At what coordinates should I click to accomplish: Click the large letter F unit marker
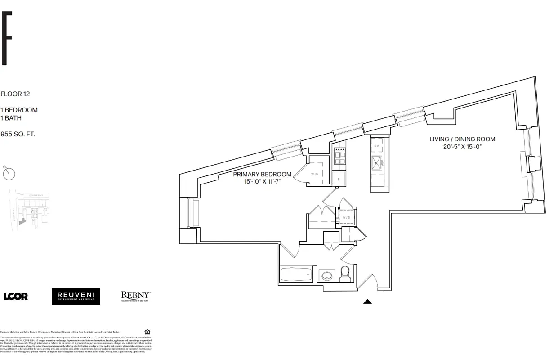6,39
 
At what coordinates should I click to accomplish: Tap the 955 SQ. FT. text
18,134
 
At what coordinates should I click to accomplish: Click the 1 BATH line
11,118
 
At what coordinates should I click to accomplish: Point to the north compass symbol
9,173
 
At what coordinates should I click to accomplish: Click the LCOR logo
16,296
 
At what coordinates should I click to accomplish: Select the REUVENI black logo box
76,296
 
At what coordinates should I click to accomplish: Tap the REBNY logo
136,296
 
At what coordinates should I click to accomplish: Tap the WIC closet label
314,174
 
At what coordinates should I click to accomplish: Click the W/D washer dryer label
346,218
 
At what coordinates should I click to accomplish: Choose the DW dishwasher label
377,146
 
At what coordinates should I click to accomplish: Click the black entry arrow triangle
367,302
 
